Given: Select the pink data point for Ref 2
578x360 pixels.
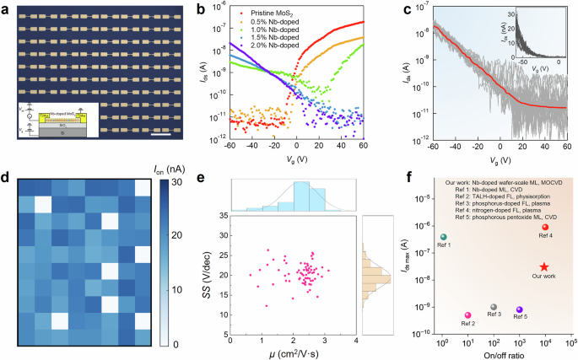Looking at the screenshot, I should pos(467,314).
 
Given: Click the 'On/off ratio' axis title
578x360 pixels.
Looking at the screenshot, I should pos(505,352).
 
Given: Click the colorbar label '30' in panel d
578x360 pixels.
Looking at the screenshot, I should pos(166,182).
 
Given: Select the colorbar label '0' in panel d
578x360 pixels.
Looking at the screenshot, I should pos(164,345).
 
